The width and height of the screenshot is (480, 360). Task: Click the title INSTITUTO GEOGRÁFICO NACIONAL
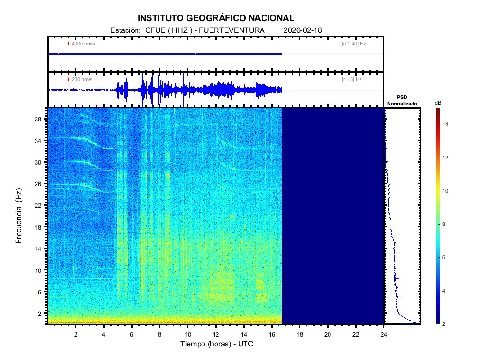point(216,18)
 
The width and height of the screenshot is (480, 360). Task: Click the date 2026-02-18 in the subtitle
point(303,30)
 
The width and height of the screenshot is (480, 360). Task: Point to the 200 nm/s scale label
point(82,79)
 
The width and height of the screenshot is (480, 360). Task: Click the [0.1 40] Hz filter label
point(353,44)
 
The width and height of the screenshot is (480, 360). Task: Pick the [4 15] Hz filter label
point(352,79)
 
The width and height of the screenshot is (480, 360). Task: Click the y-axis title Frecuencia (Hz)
point(19,216)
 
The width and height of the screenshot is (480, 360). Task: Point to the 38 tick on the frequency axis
point(40,119)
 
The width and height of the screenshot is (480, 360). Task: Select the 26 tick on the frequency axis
point(40,184)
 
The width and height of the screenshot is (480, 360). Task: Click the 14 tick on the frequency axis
point(40,248)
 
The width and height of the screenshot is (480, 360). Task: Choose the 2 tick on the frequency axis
point(42,313)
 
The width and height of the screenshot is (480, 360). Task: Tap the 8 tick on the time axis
point(160,333)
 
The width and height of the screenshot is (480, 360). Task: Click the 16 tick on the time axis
point(272,333)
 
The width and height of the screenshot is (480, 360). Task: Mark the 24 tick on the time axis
point(384,333)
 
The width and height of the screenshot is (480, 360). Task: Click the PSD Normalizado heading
point(402,101)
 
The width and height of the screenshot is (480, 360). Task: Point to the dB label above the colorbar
point(437,102)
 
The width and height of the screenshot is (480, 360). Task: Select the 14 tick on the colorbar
point(447,125)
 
